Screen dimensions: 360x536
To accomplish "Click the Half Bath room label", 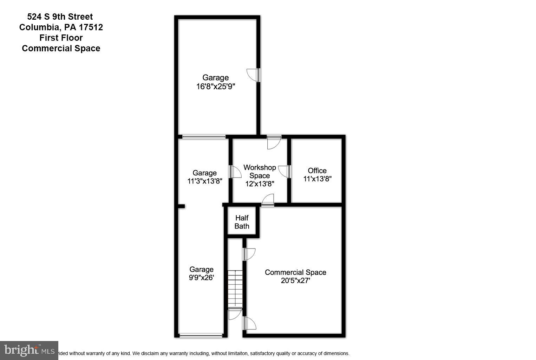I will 242,222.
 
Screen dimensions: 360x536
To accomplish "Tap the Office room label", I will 317,171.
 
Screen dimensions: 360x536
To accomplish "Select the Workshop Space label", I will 260,172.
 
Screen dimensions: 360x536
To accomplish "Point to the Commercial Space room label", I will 295,272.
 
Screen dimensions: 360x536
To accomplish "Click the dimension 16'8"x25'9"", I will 215,86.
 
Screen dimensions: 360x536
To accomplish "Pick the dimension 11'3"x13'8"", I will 204,181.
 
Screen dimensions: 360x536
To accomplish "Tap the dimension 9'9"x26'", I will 201,277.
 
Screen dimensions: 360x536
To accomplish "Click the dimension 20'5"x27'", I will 295,281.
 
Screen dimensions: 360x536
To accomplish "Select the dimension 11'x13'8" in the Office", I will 317,179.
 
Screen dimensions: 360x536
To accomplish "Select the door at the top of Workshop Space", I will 274,142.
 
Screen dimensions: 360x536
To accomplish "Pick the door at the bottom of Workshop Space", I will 268,200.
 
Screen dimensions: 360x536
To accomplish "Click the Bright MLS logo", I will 29,350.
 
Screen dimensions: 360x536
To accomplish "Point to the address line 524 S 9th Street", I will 60,17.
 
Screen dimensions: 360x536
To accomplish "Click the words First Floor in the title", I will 61,38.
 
